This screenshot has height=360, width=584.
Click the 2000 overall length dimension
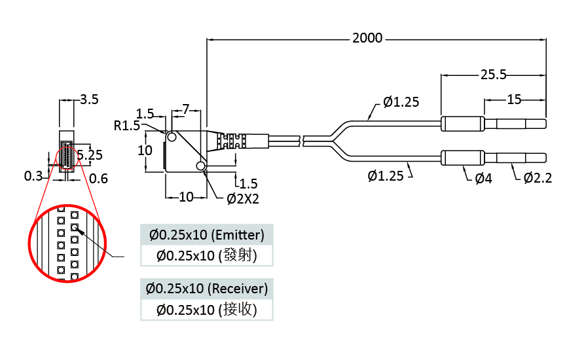click(x=367, y=39)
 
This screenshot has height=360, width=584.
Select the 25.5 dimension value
click(x=494, y=75)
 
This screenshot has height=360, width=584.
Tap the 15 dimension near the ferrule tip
click(x=514, y=99)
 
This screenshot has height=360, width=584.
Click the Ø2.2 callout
click(x=538, y=178)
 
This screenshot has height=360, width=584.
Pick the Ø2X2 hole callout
click(x=243, y=198)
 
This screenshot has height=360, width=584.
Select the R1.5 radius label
click(x=126, y=125)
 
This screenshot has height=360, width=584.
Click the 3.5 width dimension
click(x=89, y=100)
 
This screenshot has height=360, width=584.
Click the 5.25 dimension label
click(x=89, y=155)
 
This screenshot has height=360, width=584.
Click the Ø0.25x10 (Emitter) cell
click(x=206, y=234)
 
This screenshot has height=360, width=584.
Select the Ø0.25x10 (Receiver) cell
click(x=206, y=288)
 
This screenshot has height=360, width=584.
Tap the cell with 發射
click(x=206, y=255)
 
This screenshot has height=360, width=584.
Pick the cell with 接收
click(x=206, y=310)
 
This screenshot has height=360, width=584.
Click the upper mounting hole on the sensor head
click(x=172, y=137)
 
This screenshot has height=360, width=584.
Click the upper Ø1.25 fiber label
click(x=401, y=101)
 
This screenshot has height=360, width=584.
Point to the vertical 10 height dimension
click(x=145, y=150)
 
